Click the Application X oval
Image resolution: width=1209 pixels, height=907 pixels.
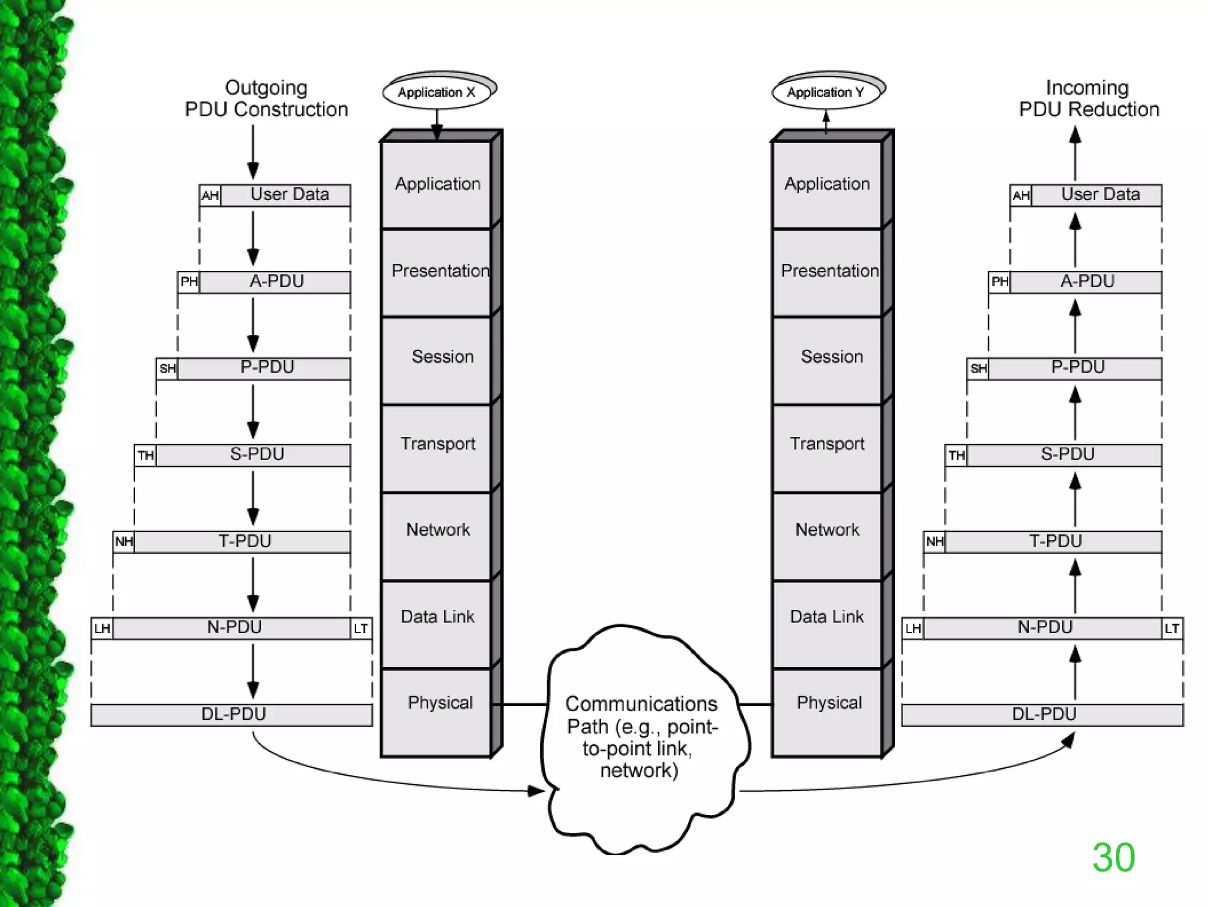click(437, 92)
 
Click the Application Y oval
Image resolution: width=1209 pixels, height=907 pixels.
click(825, 92)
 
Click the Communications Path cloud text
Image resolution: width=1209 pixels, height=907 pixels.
click(641, 737)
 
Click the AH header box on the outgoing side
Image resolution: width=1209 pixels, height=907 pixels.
click(210, 195)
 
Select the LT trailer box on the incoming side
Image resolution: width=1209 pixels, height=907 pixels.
click(1172, 628)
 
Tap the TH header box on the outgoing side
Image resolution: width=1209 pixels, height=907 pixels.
click(145, 455)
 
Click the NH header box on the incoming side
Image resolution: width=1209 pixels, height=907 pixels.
click(934, 541)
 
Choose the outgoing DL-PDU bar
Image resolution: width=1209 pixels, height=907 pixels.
click(233, 714)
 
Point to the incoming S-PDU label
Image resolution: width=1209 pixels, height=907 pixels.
click(1067, 454)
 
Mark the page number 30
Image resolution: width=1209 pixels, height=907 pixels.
click(1113, 857)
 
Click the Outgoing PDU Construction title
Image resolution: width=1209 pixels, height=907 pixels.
click(266, 99)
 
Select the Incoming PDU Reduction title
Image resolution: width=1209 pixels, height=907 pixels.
click(1089, 99)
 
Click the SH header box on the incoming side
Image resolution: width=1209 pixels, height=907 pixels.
click(978, 369)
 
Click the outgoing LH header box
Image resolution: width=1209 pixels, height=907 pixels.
click(102, 628)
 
